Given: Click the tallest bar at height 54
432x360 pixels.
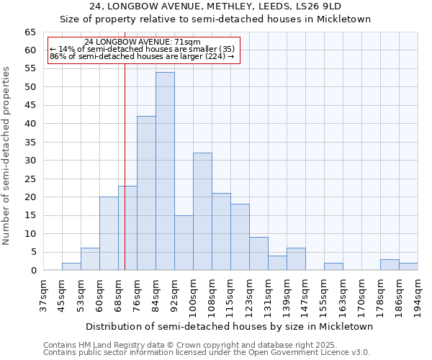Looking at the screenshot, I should pos(165,171).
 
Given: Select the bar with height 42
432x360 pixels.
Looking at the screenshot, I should pos(146,193).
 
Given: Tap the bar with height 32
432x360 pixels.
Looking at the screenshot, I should pos(202,212).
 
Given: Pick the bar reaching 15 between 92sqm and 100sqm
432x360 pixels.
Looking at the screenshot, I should pos(184,243).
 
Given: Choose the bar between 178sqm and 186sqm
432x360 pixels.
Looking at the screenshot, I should pos(390,265).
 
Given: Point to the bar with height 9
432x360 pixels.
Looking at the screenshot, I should pos(258,253).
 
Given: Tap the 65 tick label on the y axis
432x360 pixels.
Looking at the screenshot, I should pos(30,32).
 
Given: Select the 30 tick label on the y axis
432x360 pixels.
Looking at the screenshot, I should pos(30,161).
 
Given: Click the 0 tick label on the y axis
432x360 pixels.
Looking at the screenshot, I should pos(33,270).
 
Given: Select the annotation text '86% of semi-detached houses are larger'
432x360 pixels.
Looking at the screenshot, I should pos(142,56).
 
